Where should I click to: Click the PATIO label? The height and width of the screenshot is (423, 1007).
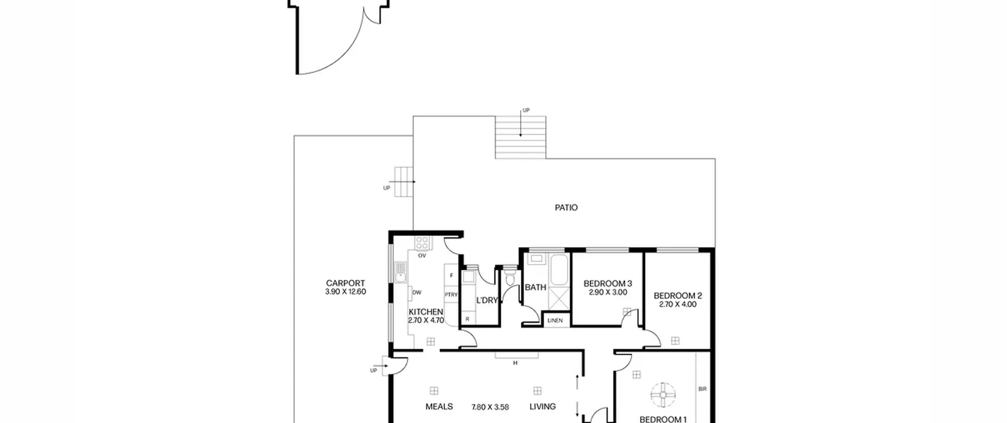coord(566,207)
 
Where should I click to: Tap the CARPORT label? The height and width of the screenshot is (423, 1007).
coord(345,283)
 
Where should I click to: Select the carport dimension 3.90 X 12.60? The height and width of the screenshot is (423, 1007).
coord(345,292)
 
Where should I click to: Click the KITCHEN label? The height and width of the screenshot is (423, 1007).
coord(426,312)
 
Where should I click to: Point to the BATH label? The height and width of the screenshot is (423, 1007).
coord(535,287)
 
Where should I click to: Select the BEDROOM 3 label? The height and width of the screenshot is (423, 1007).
coord(608,283)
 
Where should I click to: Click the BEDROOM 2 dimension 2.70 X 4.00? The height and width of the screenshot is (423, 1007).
coord(678,304)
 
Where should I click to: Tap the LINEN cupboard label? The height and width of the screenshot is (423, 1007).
coord(555,320)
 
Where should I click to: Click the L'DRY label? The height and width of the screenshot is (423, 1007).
coord(487,300)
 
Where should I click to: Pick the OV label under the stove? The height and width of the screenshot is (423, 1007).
coord(422,255)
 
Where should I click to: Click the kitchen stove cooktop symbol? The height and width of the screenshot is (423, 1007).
coord(422,243)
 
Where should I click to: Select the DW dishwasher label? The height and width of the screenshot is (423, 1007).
coord(417,292)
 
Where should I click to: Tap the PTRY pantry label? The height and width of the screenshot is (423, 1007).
coord(451,295)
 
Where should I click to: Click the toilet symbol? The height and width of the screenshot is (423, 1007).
coord(510,278)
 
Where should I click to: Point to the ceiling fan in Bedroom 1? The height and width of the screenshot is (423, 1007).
coord(663,395)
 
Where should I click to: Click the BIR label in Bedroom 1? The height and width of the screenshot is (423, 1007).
coord(703,389)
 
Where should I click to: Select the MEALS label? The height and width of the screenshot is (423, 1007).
coord(439,406)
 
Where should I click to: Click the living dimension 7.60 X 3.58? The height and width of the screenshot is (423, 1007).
coord(490,407)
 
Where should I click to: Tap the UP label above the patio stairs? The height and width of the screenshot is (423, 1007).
coord(526,110)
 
